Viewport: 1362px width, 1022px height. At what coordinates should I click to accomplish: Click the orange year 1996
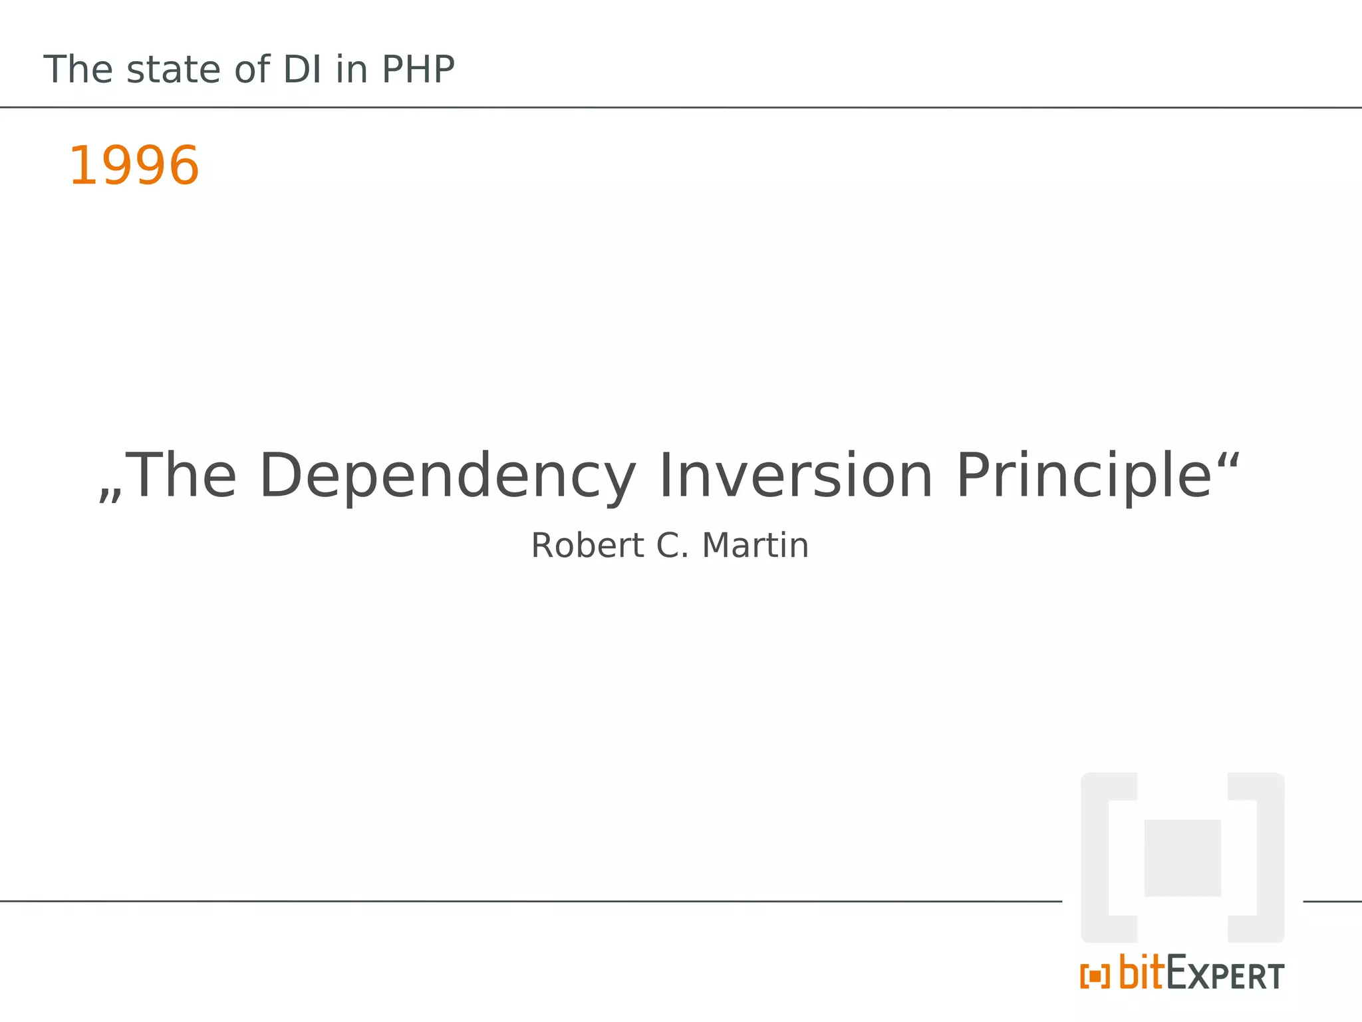(134, 166)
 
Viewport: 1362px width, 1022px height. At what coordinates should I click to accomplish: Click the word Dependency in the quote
(447, 476)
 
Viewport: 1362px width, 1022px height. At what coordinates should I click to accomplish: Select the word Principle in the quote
(1084, 476)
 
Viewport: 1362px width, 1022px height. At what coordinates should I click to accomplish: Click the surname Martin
(755, 546)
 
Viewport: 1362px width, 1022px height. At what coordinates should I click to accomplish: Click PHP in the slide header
(418, 69)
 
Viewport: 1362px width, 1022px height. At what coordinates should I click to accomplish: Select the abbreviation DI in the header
(303, 69)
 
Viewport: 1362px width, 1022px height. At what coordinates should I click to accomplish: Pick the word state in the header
(174, 69)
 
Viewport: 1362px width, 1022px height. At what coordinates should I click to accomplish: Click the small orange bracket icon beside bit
(1095, 977)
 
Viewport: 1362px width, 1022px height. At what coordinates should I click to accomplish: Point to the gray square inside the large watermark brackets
(1182, 858)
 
